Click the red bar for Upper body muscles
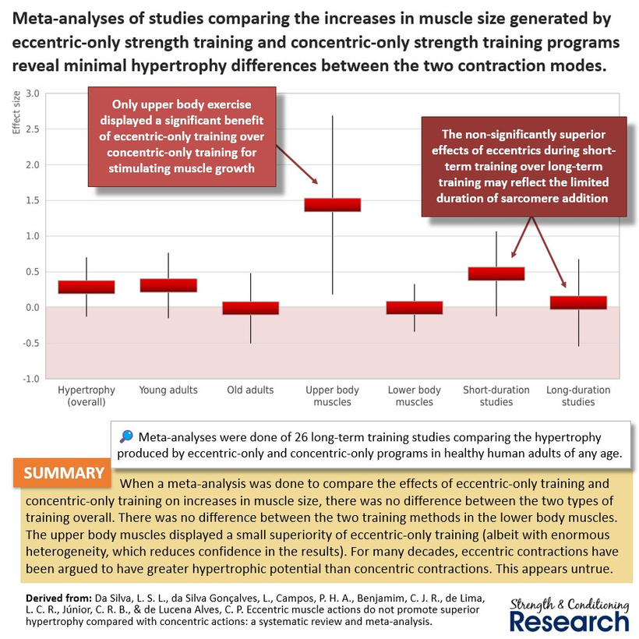[x=333, y=205]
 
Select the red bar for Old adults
[x=251, y=308]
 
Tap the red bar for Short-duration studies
[x=496, y=274]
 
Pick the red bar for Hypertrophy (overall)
[x=86, y=287]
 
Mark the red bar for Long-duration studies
[x=579, y=302]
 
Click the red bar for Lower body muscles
[x=415, y=308]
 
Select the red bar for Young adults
[x=169, y=285]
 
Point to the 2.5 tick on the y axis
[x=33, y=129]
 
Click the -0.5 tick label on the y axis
[x=31, y=343]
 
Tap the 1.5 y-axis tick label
[x=33, y=200]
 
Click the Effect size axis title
[x=16, y=112]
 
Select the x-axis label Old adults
[x=250, y=390]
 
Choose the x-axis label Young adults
[x=168, y=390]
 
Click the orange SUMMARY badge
[x=62, y=473]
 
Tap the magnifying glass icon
[x=126, y=436]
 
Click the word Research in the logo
[x=570, y=622]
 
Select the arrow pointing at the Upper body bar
[x=297, y=164]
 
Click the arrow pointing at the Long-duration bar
[x=549, y=252]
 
